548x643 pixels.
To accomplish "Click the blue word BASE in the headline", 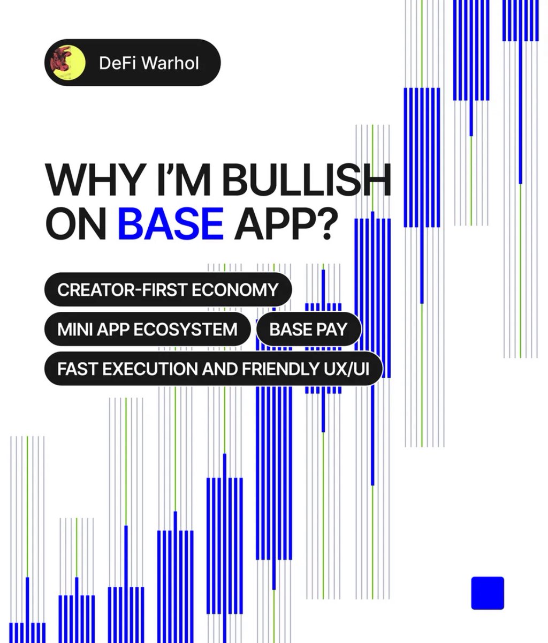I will pyautogui.click(x=171, y=223).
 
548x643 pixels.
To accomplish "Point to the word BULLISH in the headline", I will pyautogui.click(x=306, y=181).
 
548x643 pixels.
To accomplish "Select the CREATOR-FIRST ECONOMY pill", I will pyautogui.click(x=168, y=290).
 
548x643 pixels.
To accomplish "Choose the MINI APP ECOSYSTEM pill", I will pyautogui.click(x=147, y=328).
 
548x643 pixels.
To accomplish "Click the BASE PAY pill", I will pyautogui.click(x=308, y=328).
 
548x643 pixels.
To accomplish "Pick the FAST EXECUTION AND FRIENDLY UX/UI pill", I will pyautogui.click(x=213, y=369).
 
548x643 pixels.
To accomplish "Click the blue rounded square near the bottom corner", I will pyautogui.click(x=488, y=593).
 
